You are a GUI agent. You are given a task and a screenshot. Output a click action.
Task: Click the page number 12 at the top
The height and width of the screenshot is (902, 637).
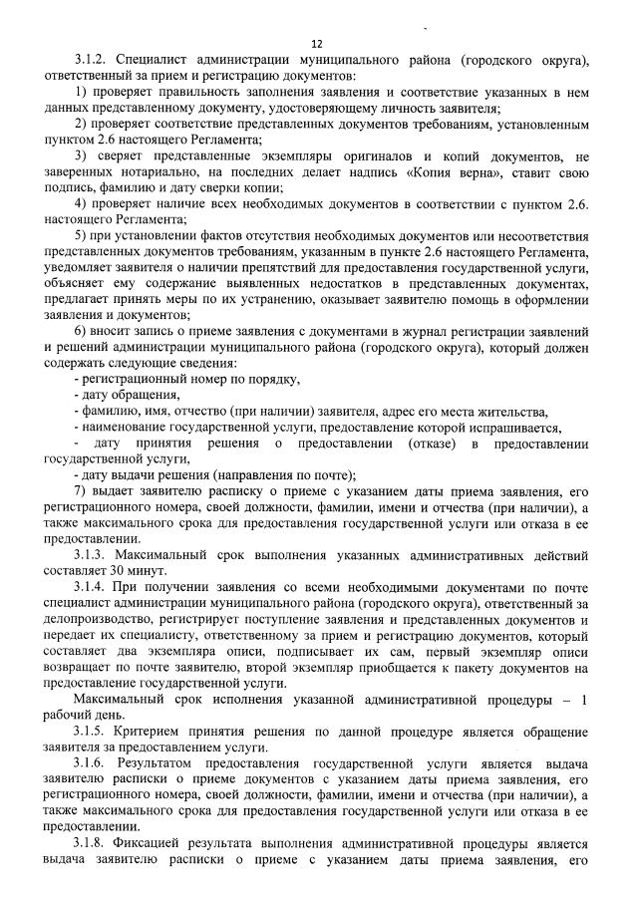click(x=318, y=43)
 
